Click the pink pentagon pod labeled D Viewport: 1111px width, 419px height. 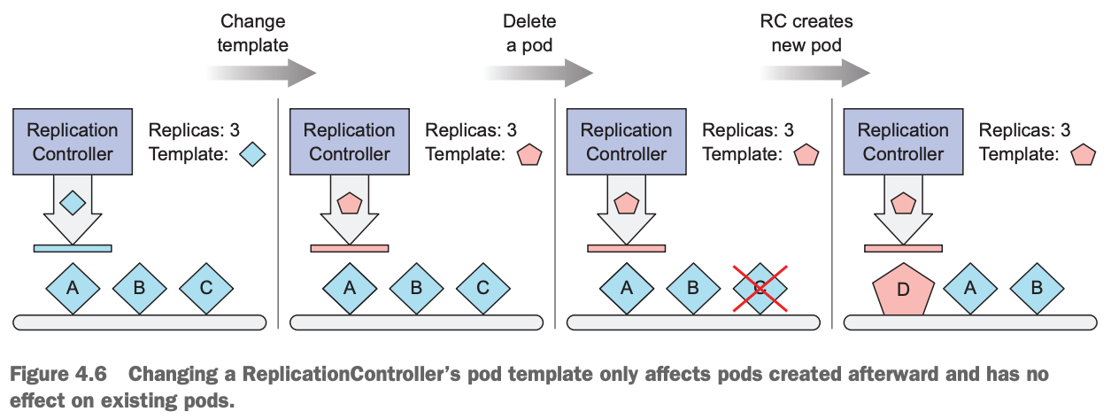[903, 288]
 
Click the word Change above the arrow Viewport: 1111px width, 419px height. [253, 21]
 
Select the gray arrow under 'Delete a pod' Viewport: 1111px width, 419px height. [541, 72]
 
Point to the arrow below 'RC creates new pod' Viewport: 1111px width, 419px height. [818, 72]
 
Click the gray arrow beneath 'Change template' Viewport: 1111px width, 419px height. [264, 72]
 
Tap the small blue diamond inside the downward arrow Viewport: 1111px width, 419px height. [73, 203]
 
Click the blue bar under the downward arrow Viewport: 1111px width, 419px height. [73, 248]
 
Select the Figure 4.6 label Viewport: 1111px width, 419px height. [58, 375]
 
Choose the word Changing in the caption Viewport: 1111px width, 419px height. [171, 375]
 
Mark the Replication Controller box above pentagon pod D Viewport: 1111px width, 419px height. [903, 142]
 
